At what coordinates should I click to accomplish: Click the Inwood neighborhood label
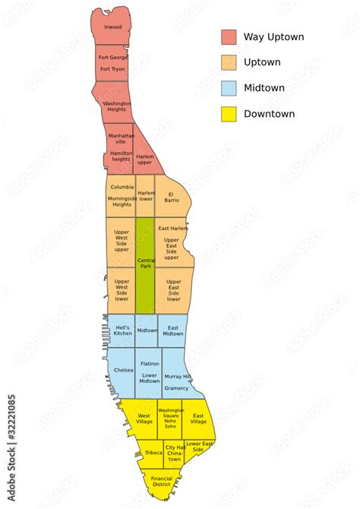tap(112, 27)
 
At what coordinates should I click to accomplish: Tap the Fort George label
tap(112, 57)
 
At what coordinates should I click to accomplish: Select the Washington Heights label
tap(116, 106)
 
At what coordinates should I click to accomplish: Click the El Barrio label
tap(172, 197)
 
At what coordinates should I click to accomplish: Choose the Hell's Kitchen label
tap(122, 330)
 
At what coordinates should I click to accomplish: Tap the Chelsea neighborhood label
tap(123, 370)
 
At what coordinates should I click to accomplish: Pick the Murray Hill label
tap(177, 377)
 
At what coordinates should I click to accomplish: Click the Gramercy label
tap(176, 388)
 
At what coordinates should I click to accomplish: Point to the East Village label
tap(198, 419)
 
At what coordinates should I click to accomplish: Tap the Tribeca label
tap(153, 453)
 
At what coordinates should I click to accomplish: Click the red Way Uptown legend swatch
tap(229, 37)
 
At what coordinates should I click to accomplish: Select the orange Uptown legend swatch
tap(229, 63)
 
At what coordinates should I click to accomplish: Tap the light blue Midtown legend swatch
tap(229, 89)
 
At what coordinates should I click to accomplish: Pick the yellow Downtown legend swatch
tap(229, 115)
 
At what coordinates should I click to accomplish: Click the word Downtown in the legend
tap(270, 114)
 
